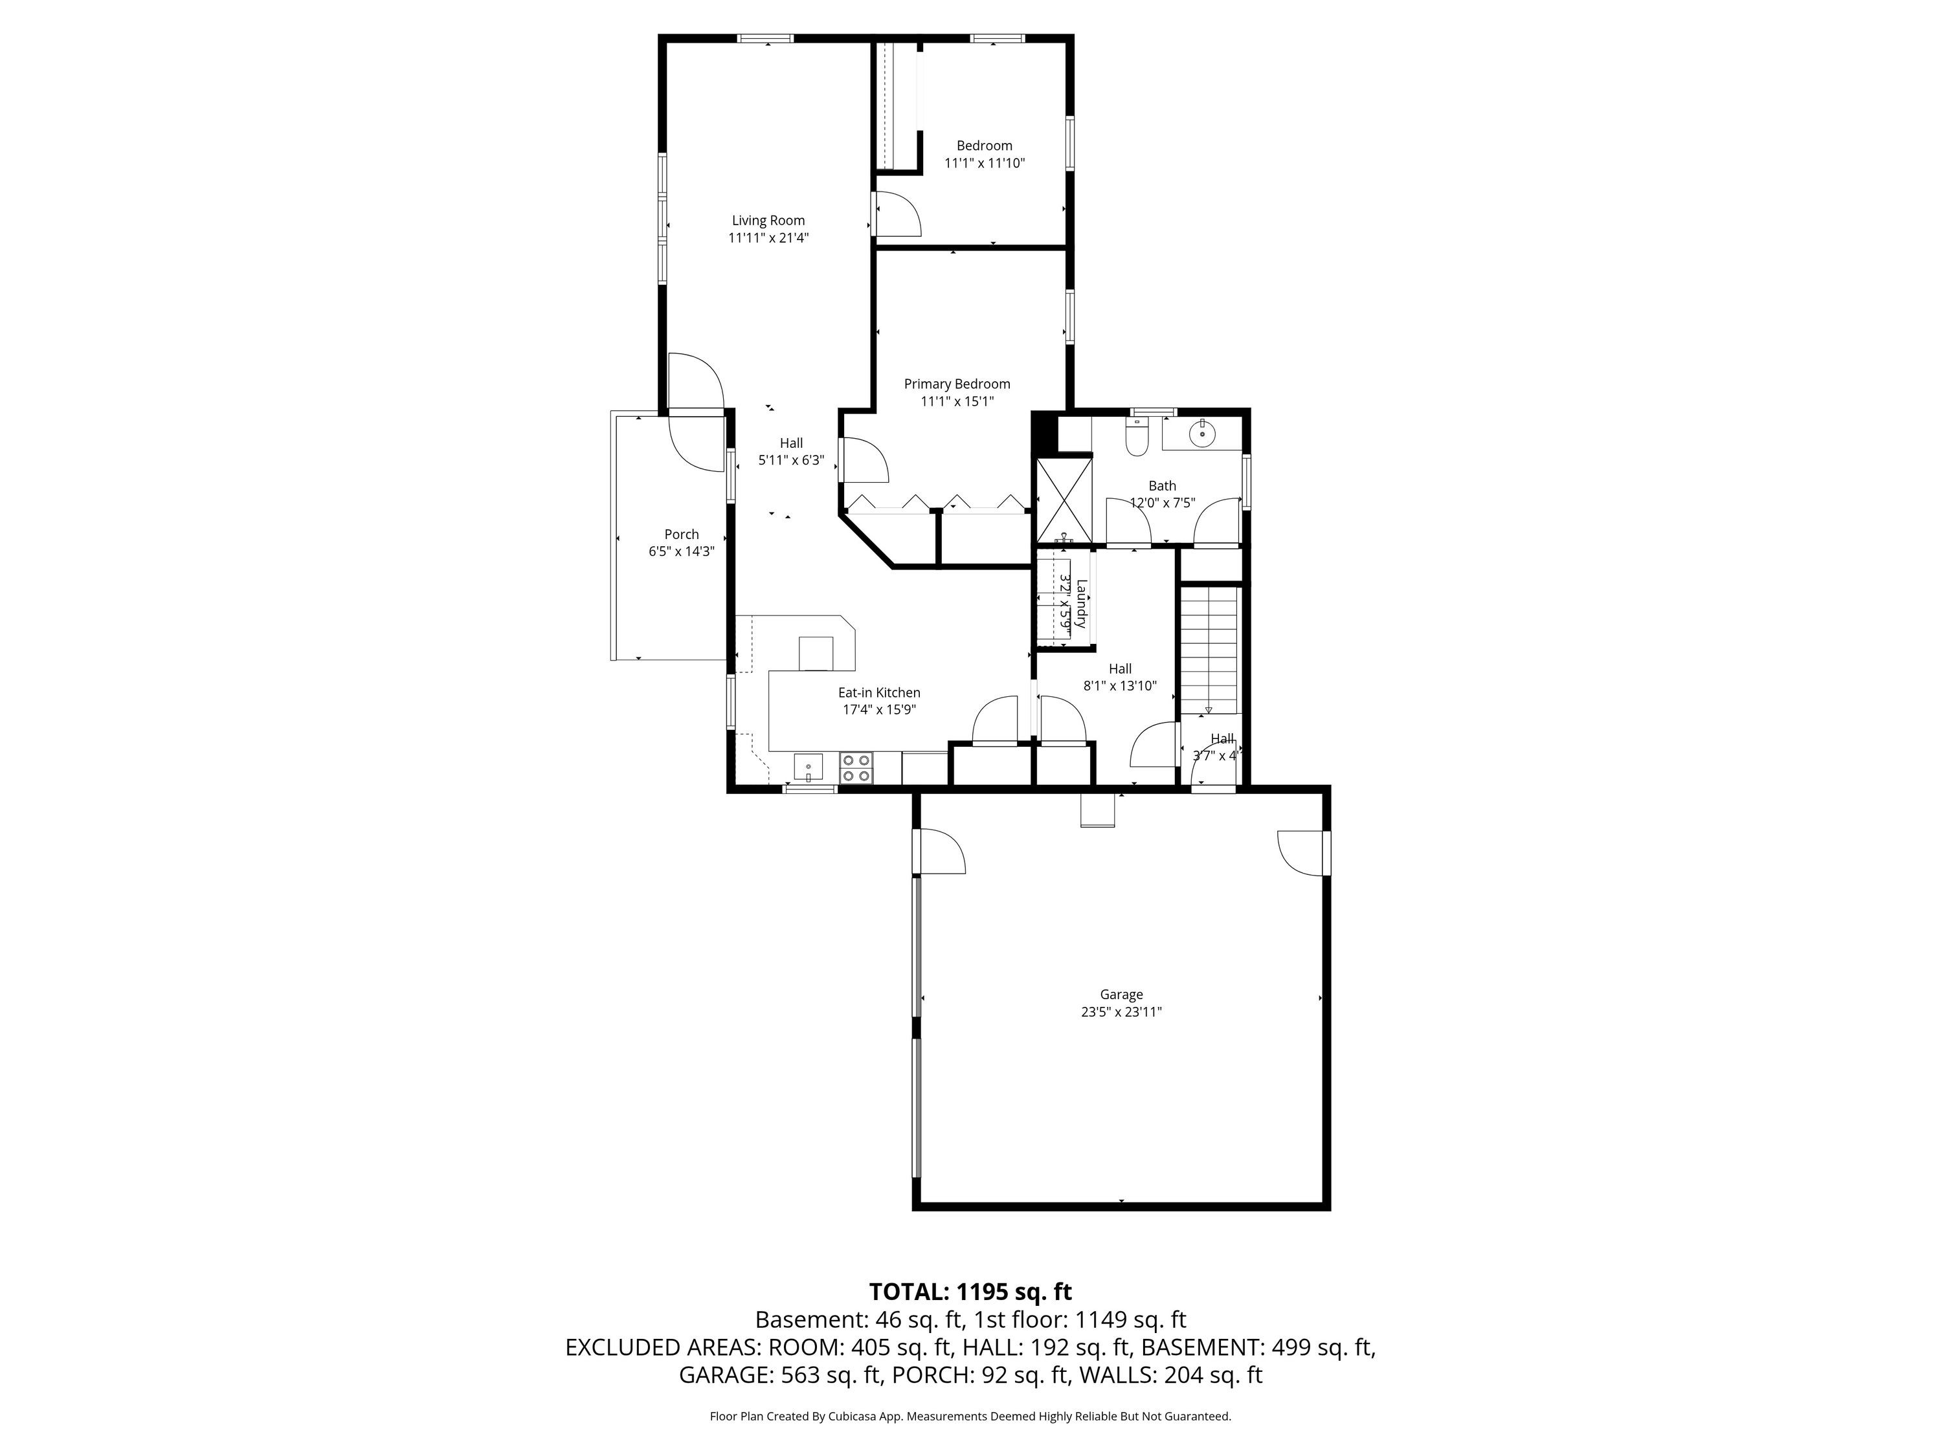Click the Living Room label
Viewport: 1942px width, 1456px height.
768,220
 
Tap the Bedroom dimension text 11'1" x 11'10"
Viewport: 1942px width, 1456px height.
984,163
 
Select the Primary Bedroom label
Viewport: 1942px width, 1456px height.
957,384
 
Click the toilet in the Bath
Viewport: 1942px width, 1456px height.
1136,437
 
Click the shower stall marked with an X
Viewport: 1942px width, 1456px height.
1064,500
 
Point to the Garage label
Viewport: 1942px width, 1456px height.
1121,995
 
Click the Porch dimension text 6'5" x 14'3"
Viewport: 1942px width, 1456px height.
681,552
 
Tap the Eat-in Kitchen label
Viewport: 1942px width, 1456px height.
879,692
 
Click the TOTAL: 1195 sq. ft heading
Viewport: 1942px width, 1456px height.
970,1292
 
